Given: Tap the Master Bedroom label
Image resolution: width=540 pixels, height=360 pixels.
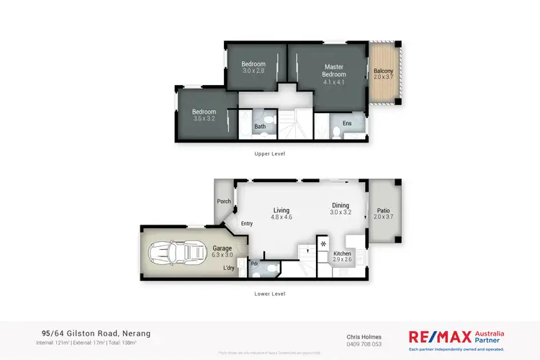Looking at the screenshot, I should click(333, 71).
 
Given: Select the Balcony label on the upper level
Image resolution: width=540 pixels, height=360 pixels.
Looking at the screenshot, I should click(383, 71).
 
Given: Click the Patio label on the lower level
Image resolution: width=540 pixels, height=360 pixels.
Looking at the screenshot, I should click(383, 211).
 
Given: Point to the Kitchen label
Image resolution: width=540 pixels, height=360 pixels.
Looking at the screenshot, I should click(342, 254).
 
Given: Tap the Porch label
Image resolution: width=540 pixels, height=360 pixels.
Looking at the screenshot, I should click(224, 202).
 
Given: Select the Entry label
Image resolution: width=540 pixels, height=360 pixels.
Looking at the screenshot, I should click(247, 223).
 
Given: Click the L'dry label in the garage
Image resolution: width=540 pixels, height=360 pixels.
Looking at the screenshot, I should click(229, 269).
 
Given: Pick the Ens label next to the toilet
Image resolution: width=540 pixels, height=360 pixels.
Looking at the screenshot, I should click(347, 124).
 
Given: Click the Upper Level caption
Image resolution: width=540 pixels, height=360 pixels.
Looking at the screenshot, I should click(270, 154).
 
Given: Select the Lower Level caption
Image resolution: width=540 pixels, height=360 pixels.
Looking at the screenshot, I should click(270, 294).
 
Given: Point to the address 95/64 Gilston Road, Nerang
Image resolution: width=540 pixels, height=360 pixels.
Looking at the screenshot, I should click(93, 333).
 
